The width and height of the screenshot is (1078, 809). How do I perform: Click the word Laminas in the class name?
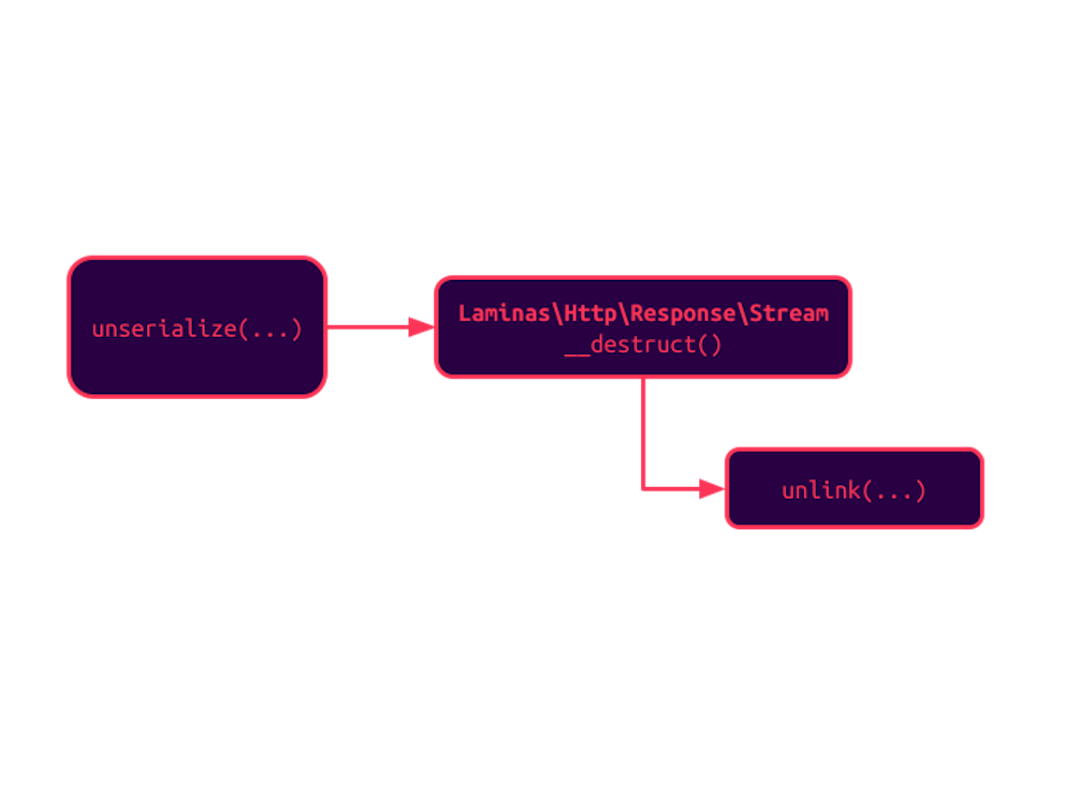pyautogui.click(x=504, y=313)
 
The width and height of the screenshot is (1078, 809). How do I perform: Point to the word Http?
pyautogui.click(x=590, y=313)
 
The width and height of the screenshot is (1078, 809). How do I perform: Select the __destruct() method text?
pyautogui.click(x=643, y=345)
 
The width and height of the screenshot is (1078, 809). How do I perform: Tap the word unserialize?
pyautogui.click(x=165, y=330)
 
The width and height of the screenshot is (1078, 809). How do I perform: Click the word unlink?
pyautogui.click(x=821, y=491)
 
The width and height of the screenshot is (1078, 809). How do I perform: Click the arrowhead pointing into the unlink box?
pyautogui.click(x=713, y=489)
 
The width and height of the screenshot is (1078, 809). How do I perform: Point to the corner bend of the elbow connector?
pyautogui.click(x=643, y=488)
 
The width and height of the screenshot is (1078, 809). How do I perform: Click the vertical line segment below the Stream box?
pyautogui.click(x=643, y=432)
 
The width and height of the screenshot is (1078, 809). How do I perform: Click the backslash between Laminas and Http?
pyautogui.click(x=558, y=313)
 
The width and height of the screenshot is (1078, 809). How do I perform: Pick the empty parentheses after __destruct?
pyautogui.click(x=709, y=345)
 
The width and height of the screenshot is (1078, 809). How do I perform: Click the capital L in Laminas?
pyautogui.click(x=464, y=313)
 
